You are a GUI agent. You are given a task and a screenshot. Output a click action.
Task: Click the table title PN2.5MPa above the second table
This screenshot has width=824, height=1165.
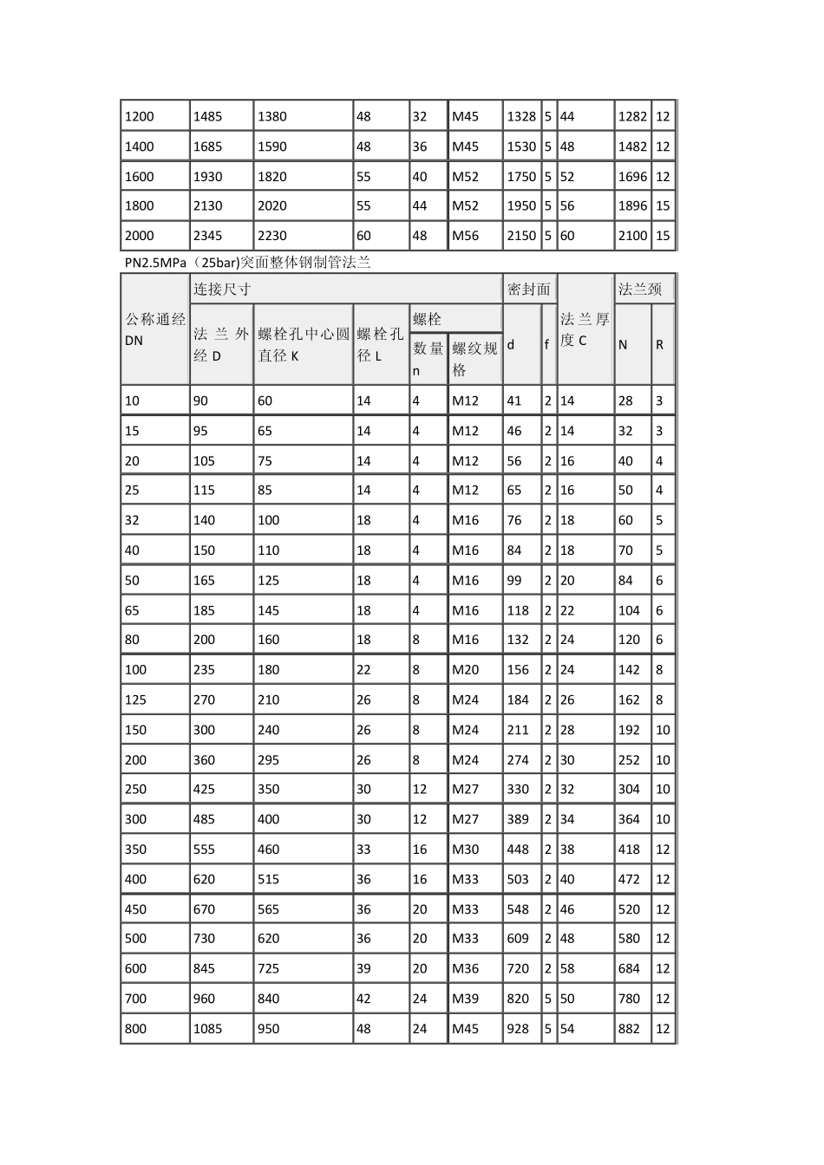[247, 263]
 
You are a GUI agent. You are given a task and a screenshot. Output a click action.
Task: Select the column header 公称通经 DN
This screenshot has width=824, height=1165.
[155, 329]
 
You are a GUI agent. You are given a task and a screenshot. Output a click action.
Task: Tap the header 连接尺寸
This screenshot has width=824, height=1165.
[222, 290]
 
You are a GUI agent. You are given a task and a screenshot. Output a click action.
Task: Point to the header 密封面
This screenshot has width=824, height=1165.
[528, 290]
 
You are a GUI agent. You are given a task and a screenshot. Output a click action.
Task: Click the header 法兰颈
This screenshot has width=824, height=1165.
[639, 290]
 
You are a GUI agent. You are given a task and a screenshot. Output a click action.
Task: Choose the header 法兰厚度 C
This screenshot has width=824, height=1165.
[585, 329]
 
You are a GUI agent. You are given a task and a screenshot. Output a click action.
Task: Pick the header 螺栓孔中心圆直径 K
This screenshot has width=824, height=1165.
[303, 344]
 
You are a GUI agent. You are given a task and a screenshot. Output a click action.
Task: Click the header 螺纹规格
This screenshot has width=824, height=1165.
[474, 359]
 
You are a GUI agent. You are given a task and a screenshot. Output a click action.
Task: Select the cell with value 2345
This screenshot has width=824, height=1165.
[208, 236]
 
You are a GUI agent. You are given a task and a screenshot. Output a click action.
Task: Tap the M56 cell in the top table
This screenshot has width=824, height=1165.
[465, 236]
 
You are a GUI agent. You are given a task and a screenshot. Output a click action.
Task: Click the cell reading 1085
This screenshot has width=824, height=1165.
[208, 1029]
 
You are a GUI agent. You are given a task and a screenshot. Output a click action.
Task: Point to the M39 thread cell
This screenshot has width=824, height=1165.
[465, 999]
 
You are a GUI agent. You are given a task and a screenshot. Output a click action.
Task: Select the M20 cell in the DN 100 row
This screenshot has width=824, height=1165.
[465, 670]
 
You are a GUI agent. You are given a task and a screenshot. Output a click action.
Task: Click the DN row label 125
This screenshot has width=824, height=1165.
[136, 700]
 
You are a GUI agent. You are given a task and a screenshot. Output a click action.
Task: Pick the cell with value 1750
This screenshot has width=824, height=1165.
[521, 177]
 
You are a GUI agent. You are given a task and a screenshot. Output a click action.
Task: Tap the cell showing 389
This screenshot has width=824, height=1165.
[518, 819]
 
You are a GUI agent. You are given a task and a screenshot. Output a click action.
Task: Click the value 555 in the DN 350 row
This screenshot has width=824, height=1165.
[205, 849]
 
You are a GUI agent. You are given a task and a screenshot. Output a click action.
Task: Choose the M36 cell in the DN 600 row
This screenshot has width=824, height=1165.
[465, 969]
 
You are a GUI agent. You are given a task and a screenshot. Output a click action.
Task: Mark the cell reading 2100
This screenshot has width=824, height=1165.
[632, 236]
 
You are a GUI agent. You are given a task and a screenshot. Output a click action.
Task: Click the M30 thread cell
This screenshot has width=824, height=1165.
[465, 849]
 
